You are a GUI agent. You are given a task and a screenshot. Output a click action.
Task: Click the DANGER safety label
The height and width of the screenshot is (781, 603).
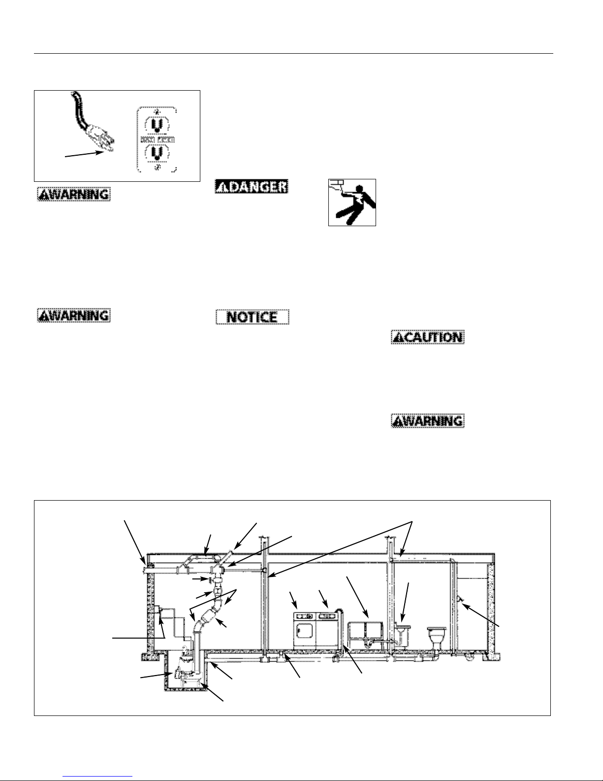pos(251,187)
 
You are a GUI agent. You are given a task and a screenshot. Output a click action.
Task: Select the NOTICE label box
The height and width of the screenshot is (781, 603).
pos(253,317)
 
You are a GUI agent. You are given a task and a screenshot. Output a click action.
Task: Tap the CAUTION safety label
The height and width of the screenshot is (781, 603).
pos(427,337)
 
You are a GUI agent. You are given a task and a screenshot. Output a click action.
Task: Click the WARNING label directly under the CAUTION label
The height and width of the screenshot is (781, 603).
pos(427,421)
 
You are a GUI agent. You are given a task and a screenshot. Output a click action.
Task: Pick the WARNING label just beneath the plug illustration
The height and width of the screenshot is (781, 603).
pos(73,194)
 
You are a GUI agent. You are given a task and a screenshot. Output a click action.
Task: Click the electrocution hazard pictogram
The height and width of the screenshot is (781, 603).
pos(352,203)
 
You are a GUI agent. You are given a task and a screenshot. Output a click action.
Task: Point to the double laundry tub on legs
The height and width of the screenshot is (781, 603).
pos(366,634)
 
